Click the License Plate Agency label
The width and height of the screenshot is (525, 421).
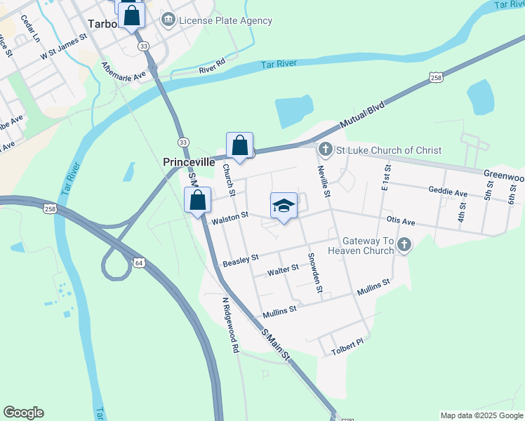click(x=225, y=20)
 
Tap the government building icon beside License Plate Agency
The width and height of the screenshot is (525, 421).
click(x=168, y=20)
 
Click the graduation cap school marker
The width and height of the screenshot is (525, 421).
click(x=283, y=206)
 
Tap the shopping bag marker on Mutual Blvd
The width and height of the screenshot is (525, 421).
click(x=240, y=146)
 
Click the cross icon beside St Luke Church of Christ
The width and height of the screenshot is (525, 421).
click(x=325, y=149)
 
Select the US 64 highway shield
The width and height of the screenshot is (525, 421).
click(x=139, y=262)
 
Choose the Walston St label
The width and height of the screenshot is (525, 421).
click(x=230, y=218)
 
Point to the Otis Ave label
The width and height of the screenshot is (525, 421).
click(x=400, y=222)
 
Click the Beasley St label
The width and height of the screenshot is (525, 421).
click(x=241, y=260)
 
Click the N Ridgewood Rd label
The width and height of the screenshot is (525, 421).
click(x=230, y=323)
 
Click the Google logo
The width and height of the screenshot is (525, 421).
click(x=23, y=413)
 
